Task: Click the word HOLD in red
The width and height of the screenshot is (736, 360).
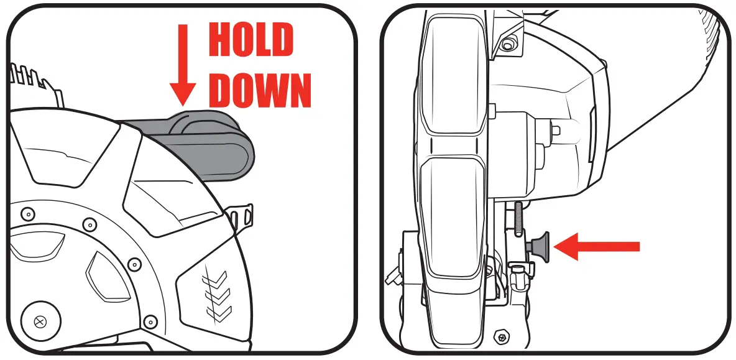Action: point(251,41)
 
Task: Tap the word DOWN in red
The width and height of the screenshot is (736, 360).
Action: point(259,90)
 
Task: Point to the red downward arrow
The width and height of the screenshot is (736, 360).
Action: point(183,65)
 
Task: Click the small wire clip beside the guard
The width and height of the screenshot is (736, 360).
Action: point(242,218)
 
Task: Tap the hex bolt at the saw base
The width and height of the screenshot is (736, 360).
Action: point(500,337)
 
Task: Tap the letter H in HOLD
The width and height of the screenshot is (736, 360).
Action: point(219,41)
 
